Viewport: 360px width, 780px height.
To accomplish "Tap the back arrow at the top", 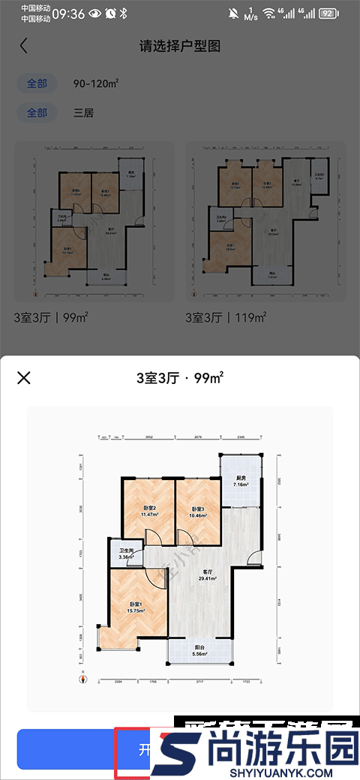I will coord(24,46).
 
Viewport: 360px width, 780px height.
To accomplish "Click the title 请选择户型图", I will coord(180,46).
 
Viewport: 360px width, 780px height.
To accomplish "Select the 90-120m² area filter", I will coord(97,83).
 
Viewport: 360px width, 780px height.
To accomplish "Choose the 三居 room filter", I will coord(84,113).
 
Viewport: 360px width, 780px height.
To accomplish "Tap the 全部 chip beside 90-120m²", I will coord(37,83).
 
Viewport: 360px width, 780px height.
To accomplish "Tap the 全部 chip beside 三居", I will coord(37,113).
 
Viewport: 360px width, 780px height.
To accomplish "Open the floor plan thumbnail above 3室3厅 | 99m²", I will coord(94,222).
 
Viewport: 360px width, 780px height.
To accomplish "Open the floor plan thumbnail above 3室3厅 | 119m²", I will coord(266,222).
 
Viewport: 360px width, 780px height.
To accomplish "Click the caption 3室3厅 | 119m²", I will coord(226,318).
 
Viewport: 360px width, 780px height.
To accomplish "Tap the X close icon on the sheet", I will coord(24,377).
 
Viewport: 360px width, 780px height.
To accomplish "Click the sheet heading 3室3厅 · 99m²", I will coord(180,377).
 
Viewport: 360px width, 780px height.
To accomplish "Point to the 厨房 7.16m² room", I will coord(240,481).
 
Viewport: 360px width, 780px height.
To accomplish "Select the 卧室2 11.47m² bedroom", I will coord(148,512).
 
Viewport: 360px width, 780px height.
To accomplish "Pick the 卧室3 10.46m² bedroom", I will coord(198,512).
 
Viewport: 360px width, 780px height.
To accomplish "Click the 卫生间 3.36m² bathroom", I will coord(125,553).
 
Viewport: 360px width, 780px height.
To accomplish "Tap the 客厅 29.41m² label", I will coord(208,574).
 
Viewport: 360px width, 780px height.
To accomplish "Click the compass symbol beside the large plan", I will coord(85,677).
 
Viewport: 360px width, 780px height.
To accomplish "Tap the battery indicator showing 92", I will coord(328,13).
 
